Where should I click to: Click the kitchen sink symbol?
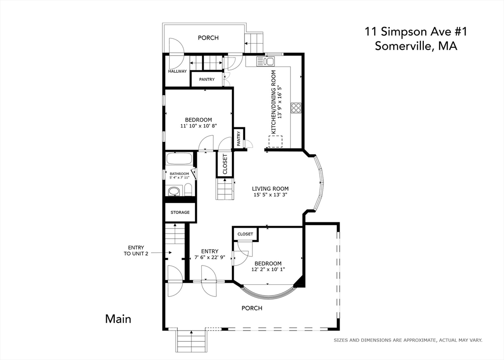coord(265,61)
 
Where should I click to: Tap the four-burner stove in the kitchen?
coord(296,108)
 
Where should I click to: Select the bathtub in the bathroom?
coord(179,159)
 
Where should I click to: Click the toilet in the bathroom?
coord(189,189)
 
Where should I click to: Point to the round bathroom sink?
coord(174,191)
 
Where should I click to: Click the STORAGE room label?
coord(180,212)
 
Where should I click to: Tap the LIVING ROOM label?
coord(270,189)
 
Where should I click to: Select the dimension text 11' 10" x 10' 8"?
coord(199,126)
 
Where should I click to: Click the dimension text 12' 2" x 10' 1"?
coord(268,270)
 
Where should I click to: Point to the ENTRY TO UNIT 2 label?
coord(136,250)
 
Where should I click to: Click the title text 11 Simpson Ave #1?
coord(415,31)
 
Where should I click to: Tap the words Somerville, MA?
coord(416,46)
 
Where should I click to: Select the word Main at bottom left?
coord(118,319)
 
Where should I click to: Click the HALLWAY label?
coord(177,71)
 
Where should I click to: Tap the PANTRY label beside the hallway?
coord(207,79)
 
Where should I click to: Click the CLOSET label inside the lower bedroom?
coord(245,234)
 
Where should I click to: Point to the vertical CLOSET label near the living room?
coord(225,164)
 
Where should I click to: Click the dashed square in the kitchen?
coord(276,142)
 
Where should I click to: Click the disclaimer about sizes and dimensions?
coord(408,340)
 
